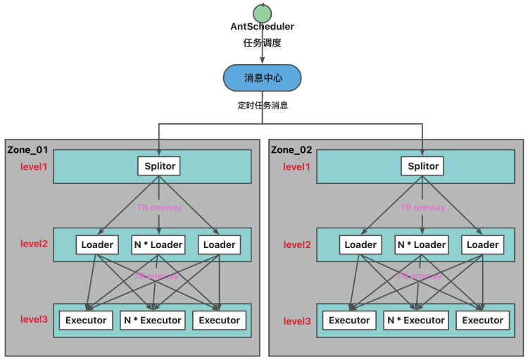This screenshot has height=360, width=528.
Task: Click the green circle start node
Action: click(262, 12)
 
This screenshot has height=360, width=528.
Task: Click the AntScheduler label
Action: click(262, 27)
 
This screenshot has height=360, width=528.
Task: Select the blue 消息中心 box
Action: click(262, 78)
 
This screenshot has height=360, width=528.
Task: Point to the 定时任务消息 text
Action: click(263, 106)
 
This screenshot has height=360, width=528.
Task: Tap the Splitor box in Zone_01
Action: click(158, 166)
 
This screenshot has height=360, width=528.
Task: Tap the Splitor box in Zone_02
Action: click(422, 166)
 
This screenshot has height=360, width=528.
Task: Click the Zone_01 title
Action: click(27, 150)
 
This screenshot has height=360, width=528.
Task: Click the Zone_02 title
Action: click(292, 150)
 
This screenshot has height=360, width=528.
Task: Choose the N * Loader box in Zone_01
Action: click(158, 244)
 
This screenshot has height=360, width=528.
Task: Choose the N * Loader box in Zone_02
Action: click(422, 244)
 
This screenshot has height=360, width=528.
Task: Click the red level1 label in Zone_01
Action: click(34, 167)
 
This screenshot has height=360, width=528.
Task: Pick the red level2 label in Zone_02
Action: click(298, 244)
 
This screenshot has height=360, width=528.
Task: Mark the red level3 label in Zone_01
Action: click(34, 320)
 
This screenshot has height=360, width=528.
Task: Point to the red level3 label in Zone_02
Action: click(298, 321)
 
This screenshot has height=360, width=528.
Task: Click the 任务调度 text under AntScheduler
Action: click(262, 42)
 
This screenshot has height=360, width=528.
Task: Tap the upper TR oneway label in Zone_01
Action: click(159, 207)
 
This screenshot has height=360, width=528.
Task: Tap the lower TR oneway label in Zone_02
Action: click(420, 276)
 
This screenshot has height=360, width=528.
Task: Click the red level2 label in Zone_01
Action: click(34, 244)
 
